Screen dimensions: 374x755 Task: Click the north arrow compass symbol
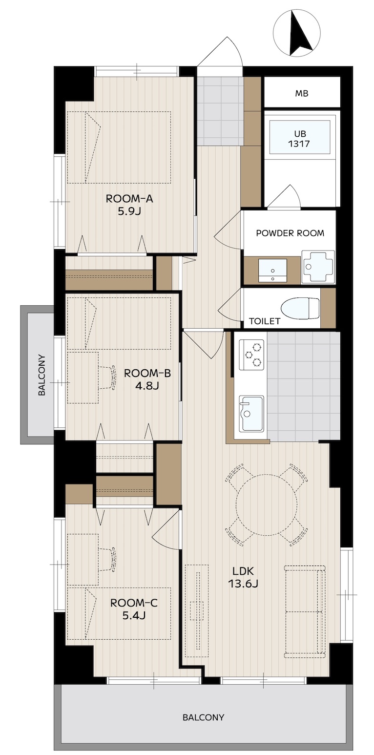click(x=297, y=34)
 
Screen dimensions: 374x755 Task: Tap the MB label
click(x=302, y=94)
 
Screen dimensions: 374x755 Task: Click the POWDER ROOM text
click(x=290, y=233)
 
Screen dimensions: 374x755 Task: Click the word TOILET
click(x=265, y=321)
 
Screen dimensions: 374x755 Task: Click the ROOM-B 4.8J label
click(x=147, y=379)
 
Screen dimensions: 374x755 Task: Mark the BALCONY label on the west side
click(x=42, y=375)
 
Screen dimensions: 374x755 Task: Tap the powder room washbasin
click(x=272, y=270)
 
